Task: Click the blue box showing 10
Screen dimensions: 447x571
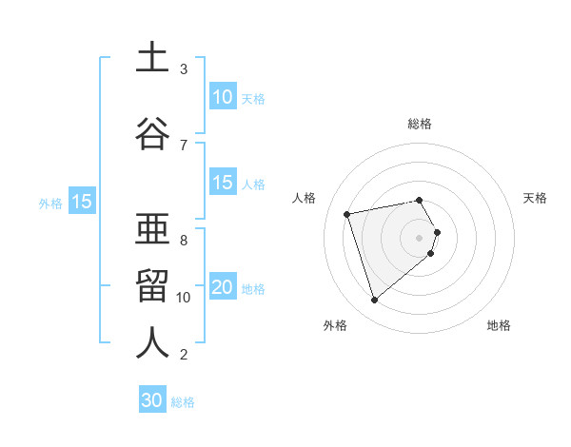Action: (x=223, y=97)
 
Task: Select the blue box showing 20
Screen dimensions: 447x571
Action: (x=223, y=288)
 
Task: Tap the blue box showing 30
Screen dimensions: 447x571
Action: (x=152, y=401)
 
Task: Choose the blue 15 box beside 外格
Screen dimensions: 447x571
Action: (x=81, y=202)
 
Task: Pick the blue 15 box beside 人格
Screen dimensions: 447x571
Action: (x=223, y=184)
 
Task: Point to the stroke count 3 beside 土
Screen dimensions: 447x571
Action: (x=184, y=69)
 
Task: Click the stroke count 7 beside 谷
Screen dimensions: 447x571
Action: (x=184, y=146)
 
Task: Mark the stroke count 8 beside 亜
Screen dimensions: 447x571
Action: (x=184, y=241)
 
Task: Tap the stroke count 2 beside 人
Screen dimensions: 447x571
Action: (x=184, y=355)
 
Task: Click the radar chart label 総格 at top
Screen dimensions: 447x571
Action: (x=420, y=124)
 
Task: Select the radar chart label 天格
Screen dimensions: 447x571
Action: (x=536, y=198)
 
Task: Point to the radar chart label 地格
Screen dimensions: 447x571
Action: (x=499, y=325)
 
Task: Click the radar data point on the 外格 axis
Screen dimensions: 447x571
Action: (x=374, y=301)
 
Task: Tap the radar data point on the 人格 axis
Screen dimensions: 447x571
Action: (x=347, y=213)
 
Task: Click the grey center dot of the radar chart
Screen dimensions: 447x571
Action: (x=420, y=237)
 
